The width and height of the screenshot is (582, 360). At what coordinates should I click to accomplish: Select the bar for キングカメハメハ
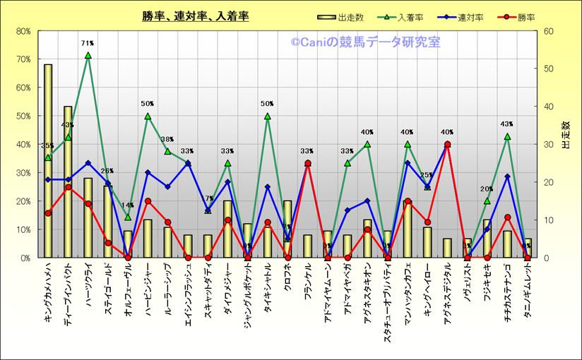point(48,162)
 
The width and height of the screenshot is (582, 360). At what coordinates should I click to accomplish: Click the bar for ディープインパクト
point(68,184)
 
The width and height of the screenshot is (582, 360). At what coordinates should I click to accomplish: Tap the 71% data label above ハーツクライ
point(88,44)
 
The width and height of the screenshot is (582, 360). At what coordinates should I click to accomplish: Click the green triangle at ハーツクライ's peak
point(88,55)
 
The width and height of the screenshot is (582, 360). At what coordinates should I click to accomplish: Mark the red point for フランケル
point(307,164)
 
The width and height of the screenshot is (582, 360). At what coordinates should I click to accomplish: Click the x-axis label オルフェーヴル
point(128,289)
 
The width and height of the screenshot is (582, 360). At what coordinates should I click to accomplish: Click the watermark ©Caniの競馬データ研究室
point(365,42)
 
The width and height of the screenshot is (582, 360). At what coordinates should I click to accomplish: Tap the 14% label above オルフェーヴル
point(128,206)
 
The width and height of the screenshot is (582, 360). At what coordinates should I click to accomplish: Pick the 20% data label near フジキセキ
point(487,189)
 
